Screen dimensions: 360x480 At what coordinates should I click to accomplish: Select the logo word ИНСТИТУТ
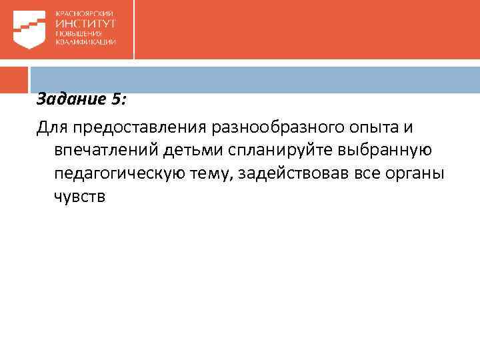click(86, 23)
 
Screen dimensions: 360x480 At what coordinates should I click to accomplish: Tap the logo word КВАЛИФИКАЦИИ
click(86, 41)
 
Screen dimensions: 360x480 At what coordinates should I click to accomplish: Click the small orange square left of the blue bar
click(14, 79)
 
